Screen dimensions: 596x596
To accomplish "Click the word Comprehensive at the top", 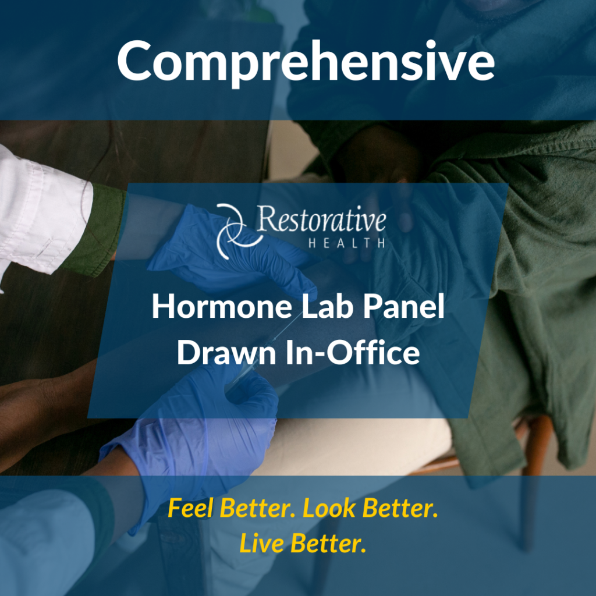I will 306,61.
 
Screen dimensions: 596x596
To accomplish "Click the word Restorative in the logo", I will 321,221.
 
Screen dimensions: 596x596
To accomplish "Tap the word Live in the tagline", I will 261,544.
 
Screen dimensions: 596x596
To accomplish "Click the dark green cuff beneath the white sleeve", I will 99,230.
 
